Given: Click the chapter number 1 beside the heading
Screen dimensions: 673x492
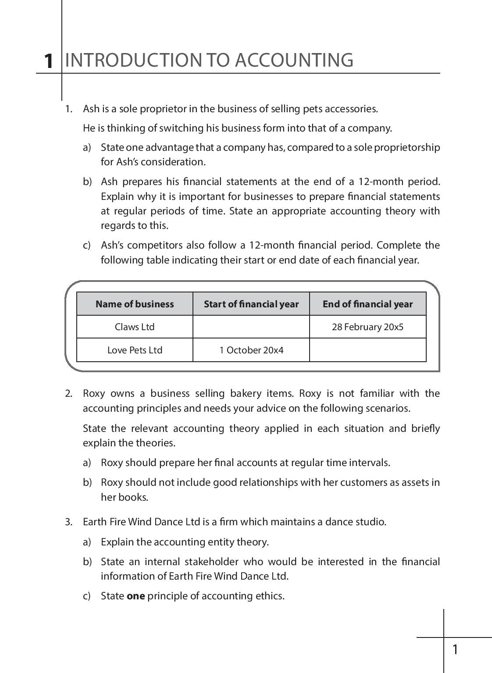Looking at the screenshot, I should tap(49, 61).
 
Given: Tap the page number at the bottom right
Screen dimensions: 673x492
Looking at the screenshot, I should tap(455, 649).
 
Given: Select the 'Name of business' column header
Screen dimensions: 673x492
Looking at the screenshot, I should tap(135, 304).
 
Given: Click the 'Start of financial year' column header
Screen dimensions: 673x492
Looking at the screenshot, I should tap(251, 304).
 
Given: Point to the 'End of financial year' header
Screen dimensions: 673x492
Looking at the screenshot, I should tap(367, 304).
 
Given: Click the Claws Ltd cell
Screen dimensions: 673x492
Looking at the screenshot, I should tap(135, 327).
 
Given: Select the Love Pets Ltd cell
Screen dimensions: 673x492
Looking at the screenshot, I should tap(135, 350).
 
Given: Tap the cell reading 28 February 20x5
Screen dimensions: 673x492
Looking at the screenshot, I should tap(367, 327).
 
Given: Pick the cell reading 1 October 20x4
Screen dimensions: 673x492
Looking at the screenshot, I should tap(251, 350).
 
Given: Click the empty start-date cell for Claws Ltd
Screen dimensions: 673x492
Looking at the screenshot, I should tap(251, 327).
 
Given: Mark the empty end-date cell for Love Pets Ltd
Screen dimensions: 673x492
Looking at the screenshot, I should tap(367, 350).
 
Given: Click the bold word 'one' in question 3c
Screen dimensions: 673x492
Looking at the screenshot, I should tap(135, 596).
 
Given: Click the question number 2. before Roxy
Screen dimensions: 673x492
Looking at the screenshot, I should tap(68, 393).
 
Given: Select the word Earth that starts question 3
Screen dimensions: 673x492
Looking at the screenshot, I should tap(93, 522).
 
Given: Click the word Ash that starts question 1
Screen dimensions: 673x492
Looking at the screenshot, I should tap(91, 109).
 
